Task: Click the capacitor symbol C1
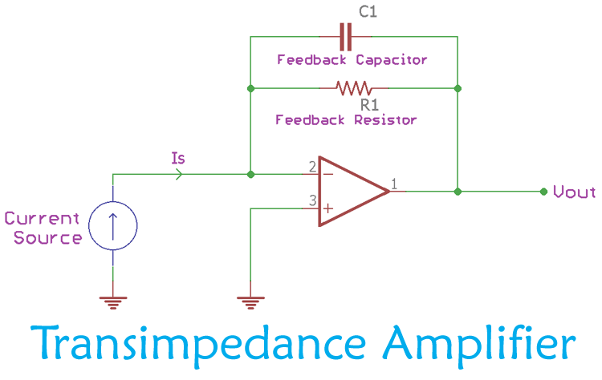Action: pos(346,36)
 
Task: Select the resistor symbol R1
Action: pos(354,87)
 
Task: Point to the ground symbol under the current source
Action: pos(112,302)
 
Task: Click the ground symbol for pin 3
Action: pos(251,302)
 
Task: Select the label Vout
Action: pos(575,192)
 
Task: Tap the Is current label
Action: pos(178,158)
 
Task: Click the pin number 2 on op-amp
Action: pos(311,168)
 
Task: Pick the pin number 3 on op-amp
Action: pos(311,204)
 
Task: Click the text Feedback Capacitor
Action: pos(352,60)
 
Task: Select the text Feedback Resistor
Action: pos(346,119)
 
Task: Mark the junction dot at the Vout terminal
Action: pos(544,192)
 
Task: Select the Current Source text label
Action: pos(43,228)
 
